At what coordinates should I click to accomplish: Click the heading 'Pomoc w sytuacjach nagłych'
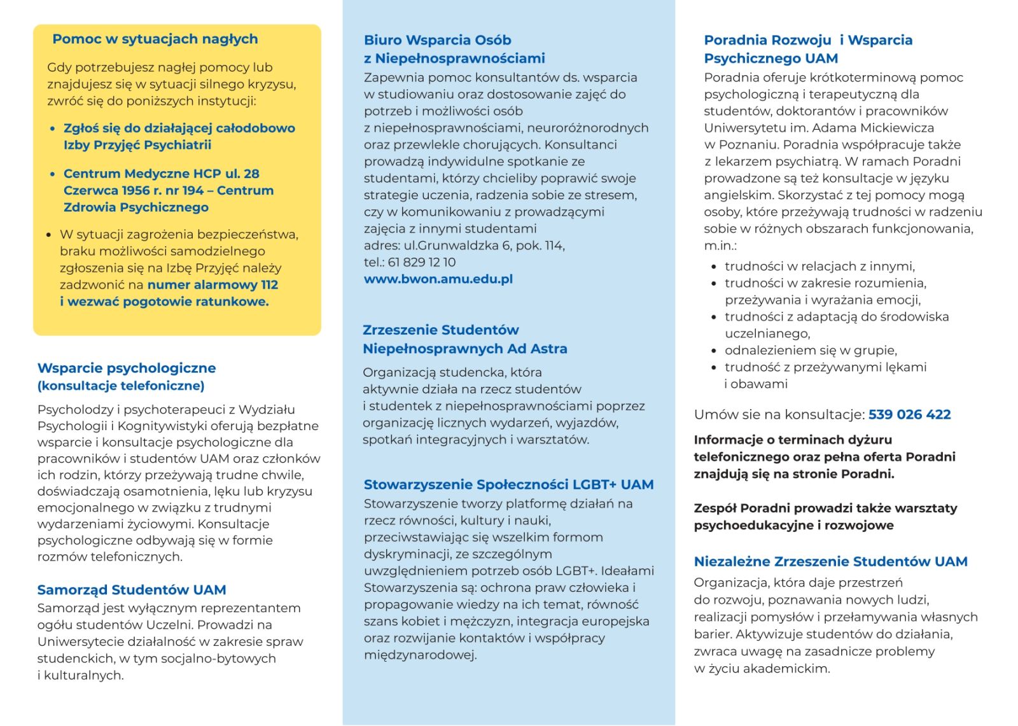tap(155, 39)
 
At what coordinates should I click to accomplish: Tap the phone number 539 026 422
tap(909, 415)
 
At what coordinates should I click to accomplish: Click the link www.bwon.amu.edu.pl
tap(438, 279)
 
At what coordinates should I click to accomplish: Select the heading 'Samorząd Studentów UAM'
tap(132, 590)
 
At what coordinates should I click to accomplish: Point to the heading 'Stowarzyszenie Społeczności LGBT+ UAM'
tap(508, 485)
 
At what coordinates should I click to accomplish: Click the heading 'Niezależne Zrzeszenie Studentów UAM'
tap(830, 562)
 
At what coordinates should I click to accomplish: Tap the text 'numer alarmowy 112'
tap(213, 285)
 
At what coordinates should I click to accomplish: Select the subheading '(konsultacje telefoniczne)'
tap(121, 386)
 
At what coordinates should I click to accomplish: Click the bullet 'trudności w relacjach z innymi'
tap(819, 267)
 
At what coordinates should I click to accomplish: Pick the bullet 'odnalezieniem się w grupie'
tap(811, 351)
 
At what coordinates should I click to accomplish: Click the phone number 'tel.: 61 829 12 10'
tap(410, 262)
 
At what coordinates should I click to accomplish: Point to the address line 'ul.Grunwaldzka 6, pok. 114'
tap(484, 246)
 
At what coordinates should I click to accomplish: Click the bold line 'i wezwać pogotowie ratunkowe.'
tap(164, 302)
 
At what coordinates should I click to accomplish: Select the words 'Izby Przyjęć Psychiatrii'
tap(137, 145)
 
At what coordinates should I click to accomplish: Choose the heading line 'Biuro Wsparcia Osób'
tap(438, 40)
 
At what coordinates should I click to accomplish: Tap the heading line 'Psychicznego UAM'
tap(770, 59)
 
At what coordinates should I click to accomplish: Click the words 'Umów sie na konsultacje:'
tap(779, 415)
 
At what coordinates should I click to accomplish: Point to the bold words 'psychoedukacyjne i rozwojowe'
tap(793, 526)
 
